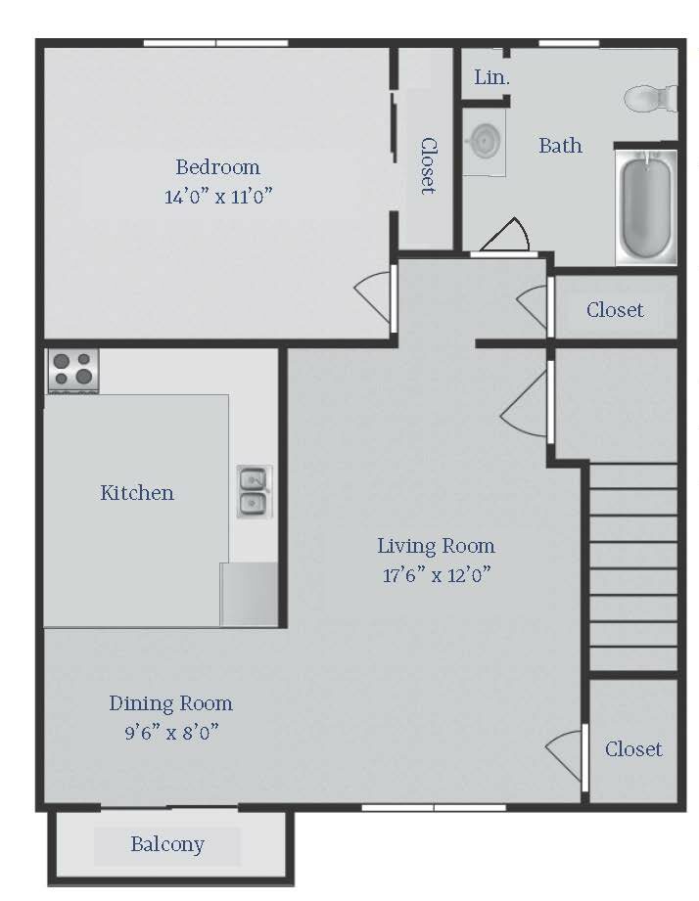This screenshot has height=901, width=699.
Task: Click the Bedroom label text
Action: [x=218, y=167]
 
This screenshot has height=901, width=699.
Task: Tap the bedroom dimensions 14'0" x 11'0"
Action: [x=218, y=197]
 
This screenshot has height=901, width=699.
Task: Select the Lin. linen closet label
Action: [x=491, y=77]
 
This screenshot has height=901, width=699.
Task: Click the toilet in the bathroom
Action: [x=651, y=98]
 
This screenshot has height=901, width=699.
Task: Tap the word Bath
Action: [x=560, y=146]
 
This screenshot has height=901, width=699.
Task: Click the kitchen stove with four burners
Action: [x=73, y=371]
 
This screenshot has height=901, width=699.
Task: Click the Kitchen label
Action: [x=137, y=492]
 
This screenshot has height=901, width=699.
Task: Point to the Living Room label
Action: [x=436, y=545]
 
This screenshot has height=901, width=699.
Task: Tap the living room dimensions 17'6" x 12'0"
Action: [x=437, y=574]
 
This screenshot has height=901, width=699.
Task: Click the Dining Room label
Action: [x=170, y=703]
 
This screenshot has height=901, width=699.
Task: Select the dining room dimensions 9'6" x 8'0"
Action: [x=172, y=733]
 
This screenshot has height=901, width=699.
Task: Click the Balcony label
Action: [x=167, y=844]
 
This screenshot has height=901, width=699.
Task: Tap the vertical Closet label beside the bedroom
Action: [x=428, y=165]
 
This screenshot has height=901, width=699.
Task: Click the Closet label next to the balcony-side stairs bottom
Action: [x=633, y=748]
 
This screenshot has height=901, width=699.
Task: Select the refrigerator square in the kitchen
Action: [x=249, y=594]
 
